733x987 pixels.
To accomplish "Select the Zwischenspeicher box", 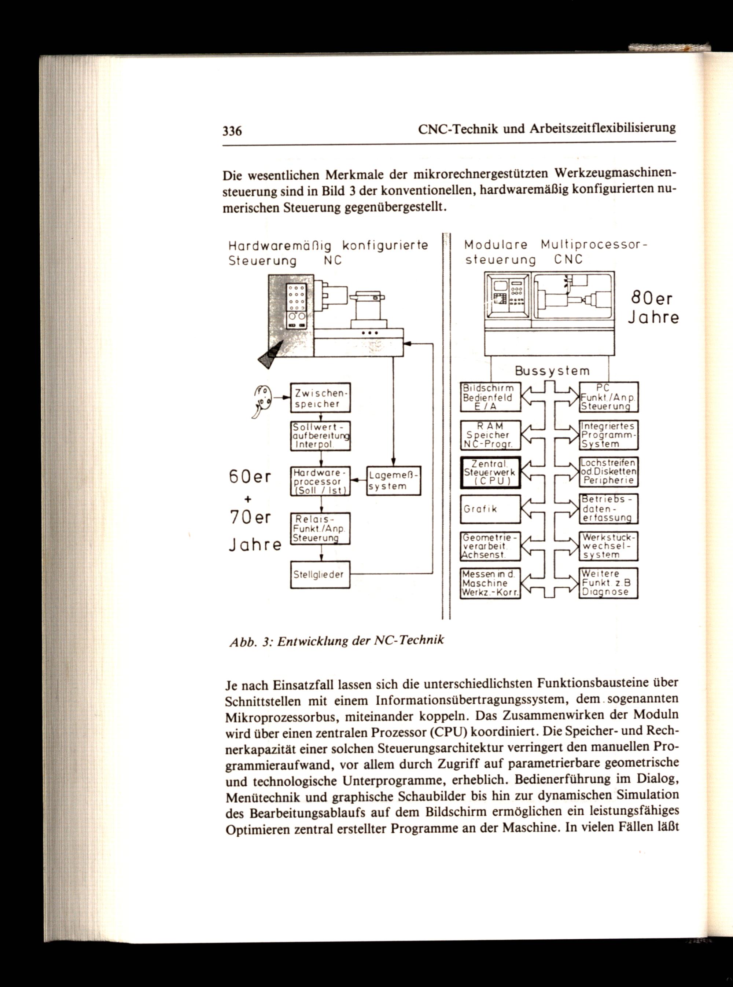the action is [320, 398].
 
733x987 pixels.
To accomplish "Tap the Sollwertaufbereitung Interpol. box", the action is [320, 436].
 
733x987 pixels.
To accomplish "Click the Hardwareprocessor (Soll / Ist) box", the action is [320, 481].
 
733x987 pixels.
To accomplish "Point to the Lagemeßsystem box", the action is [394, 481].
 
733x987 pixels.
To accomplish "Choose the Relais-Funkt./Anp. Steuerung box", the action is [320, 528].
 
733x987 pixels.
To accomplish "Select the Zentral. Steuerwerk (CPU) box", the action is [490, 473].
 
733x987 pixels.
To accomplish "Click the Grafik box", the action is [490, 509].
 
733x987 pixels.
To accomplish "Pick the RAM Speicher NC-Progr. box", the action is [490, 435].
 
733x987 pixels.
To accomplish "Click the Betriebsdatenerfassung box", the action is [609, 509].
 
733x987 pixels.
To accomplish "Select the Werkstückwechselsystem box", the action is [609, 546].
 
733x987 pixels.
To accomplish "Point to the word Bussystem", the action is [552, 371].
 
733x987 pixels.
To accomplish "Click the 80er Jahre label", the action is [653, 308].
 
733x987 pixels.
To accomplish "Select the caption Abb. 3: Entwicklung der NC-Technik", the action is [336, 641].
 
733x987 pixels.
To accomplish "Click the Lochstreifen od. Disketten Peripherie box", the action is [609, 472].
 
